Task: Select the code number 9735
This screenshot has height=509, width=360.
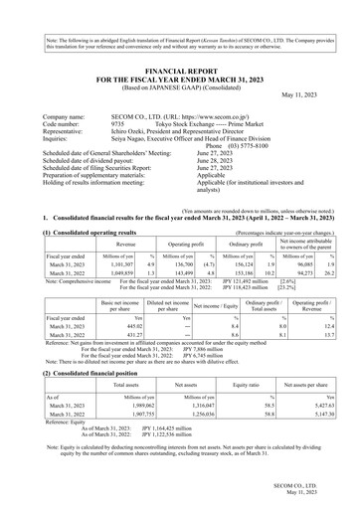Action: [x=143, y=125]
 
